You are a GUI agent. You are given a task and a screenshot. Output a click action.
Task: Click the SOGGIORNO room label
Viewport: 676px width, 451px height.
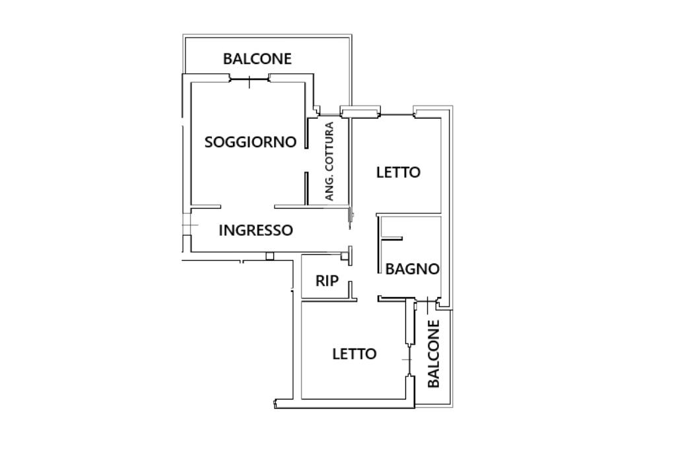250,142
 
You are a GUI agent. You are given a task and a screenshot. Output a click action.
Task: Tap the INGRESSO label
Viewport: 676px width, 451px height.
255,230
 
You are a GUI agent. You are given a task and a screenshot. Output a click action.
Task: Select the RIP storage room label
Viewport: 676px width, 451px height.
327,281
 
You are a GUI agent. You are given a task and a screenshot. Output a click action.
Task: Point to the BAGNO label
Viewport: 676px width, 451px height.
412,269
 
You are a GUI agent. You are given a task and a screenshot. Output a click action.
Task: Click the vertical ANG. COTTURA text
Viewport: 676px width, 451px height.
329,162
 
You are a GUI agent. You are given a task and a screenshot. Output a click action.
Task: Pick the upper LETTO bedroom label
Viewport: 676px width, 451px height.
398,172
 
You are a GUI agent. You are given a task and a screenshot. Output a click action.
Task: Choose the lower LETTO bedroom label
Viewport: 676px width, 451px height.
354,354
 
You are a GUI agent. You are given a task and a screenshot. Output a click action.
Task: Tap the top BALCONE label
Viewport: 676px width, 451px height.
257,59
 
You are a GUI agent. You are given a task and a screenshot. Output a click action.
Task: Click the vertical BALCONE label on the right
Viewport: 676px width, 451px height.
434,354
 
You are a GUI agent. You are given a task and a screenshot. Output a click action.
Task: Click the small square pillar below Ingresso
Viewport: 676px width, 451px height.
269,256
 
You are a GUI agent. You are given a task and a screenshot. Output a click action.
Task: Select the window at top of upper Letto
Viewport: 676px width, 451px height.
396,116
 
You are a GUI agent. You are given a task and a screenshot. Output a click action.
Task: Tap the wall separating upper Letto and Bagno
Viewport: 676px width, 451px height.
409,215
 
